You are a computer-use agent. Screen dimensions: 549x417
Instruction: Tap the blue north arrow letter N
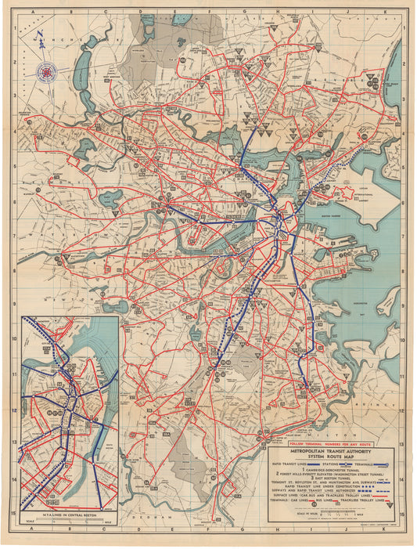pos(38,35)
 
